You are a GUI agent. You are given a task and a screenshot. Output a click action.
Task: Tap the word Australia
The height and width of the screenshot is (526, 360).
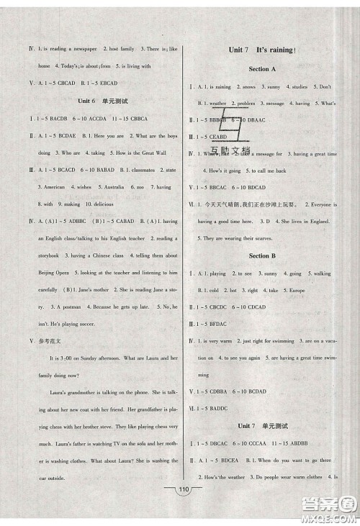[x=110, y=187]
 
